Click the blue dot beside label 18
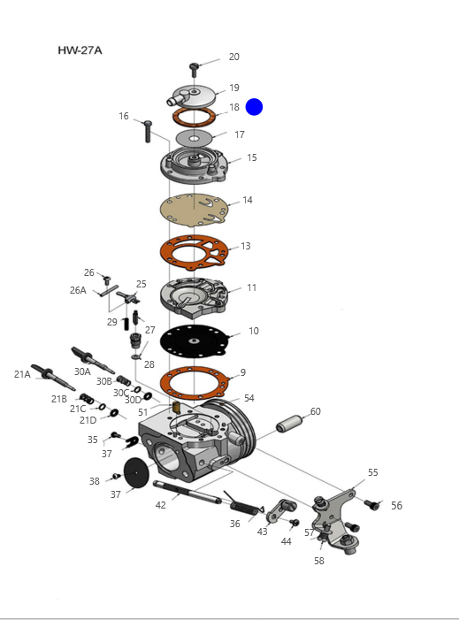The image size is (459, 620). [254, 107]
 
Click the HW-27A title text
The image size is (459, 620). [80, 50]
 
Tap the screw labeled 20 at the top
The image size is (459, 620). [194, 70]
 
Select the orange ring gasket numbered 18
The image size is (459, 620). [194, 116]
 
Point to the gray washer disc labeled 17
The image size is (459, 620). [194, 138]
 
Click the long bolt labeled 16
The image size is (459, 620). [148, 131]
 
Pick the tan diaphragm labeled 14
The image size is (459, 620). [194, 210]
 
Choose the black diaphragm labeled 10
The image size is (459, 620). [194, 341]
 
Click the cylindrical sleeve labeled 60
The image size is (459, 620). [289, 423]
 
